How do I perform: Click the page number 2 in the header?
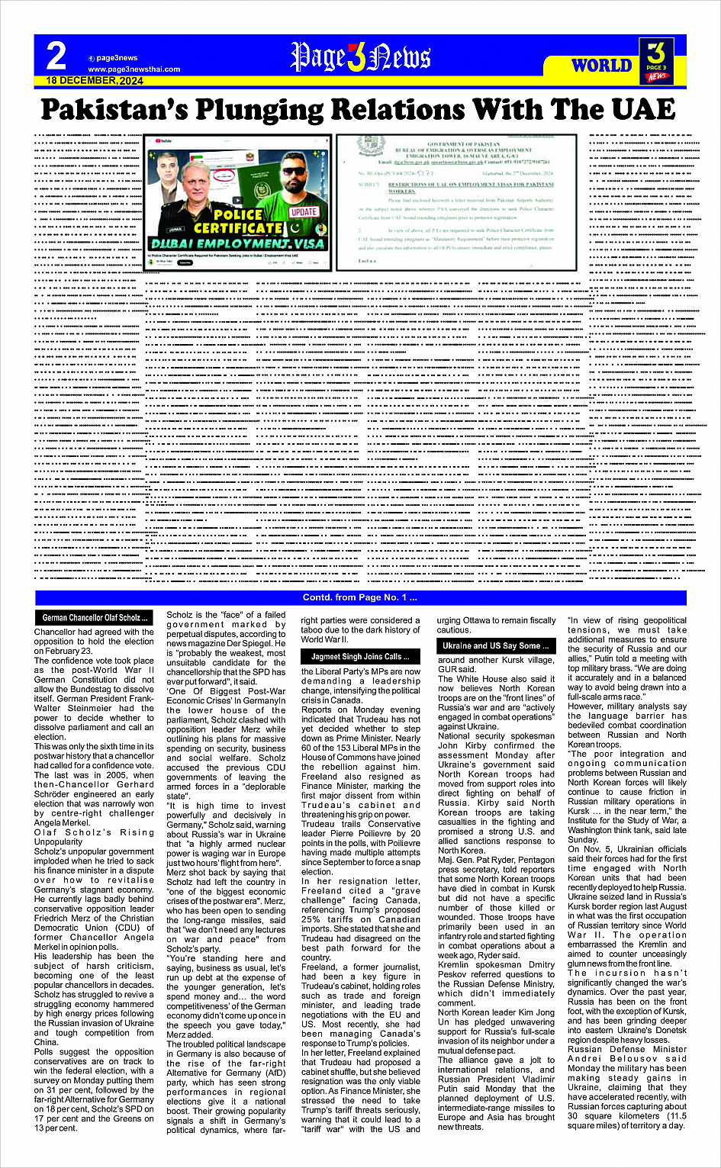(x=56, y=56)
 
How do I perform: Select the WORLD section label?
(x=601, y=66)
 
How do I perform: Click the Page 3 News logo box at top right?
(x=656, y=61)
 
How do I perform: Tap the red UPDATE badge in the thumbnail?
(x=304, y=212)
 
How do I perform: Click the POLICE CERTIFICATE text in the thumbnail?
(x=237, y=221)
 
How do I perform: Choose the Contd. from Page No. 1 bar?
(x=360, y=597)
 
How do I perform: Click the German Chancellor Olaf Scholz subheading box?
(x=95, y=617)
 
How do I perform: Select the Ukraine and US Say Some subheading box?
(x=496, y=645)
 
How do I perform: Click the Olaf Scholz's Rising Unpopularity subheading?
(x=94, y=837)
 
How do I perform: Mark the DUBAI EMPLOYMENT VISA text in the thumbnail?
(x=238, y=243)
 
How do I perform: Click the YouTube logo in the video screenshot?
(x=162, y=140)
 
